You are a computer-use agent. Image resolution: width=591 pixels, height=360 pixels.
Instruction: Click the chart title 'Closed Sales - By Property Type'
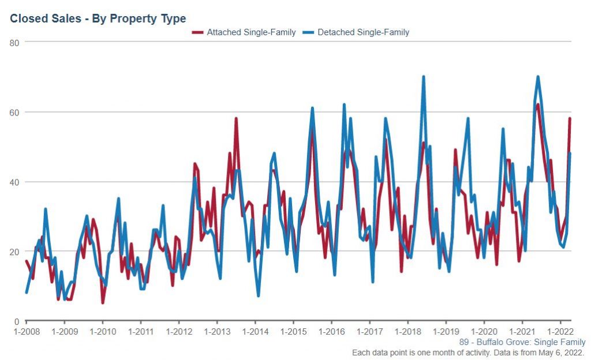(x=98, y=18)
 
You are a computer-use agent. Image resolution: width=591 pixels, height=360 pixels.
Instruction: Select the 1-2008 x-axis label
(x=27, y=332)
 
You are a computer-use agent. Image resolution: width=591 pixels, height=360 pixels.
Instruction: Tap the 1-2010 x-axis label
(x=103, y=332)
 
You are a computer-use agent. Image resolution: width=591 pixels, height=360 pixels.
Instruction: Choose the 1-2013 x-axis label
(x=217, y=332)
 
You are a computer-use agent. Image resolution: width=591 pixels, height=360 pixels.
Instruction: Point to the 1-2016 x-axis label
(x=331, y=332)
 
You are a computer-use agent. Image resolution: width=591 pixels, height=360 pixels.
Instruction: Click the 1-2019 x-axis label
(x=446, y=332)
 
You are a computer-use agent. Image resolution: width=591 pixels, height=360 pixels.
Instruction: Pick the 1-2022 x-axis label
(x=560, y=332)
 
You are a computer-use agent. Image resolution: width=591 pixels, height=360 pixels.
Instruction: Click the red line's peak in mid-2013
(x=236, y=119)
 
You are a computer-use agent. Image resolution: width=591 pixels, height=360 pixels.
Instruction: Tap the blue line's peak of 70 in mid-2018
(x=423, y=77)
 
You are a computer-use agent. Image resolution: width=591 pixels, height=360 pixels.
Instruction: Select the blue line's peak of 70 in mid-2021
(x=538, y=77)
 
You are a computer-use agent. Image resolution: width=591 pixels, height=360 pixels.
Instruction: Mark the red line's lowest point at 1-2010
(x=103, y=303)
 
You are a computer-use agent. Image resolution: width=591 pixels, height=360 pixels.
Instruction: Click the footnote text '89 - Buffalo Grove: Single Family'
(x=522, y=342)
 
